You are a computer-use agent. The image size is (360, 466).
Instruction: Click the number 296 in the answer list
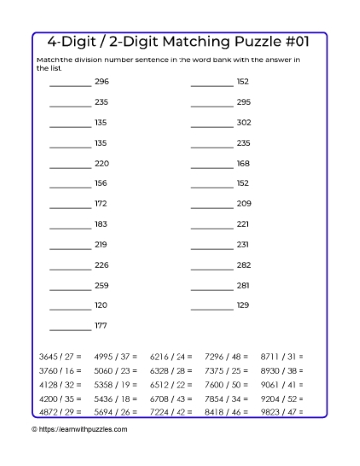click(x=101, y=82)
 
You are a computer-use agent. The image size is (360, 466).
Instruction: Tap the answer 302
click(x=243, y=123)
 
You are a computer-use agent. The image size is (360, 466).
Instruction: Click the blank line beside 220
click(x=69, y=164)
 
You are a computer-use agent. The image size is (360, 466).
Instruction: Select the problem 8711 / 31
click(x=281, y=382)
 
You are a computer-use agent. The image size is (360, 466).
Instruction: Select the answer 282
click(x=243, y=265)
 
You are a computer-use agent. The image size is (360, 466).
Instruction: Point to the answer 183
click(x=101, y=224)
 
